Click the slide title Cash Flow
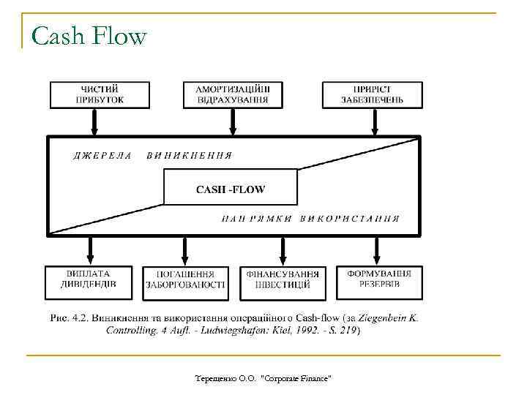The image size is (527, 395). (x=90, y=36)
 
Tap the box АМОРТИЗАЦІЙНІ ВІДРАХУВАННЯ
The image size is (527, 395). (x=232, y=94)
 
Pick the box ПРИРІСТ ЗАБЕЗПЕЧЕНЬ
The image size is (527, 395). (x=372, y=94)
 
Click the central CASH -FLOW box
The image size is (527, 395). (x=231, y=189)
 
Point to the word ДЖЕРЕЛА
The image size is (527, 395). (x=103, y=155)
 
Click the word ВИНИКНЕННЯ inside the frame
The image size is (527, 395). (x=190, y=155)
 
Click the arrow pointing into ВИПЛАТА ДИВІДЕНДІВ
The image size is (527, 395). (x=90, y=250)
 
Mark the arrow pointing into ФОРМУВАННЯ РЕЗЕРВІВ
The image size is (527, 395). (x=376, y=250)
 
